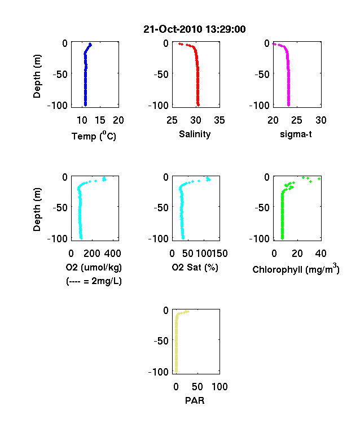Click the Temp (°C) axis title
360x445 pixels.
[94, 136]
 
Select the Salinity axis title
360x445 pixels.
[195, 134]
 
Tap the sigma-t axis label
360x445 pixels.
[296, 134]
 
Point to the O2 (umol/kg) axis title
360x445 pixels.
[94, 267]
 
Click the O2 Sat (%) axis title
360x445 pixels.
[195, 267]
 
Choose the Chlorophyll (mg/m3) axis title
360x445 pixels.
[296, 268]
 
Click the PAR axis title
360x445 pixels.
[195, 400]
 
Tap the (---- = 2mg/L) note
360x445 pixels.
[94, 281]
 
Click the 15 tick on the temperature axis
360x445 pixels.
[100, 120]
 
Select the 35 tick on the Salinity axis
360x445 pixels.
[219, 120]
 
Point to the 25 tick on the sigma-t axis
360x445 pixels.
[297, 120]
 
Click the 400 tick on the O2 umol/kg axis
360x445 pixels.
[112, 254]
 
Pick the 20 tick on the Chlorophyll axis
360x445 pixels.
[297, 254]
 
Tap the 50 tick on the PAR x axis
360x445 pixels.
[197, 386]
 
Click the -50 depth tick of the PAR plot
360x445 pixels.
[161, 341]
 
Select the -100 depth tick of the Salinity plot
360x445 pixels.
[159, 105]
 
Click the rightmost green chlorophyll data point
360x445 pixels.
[319, 178]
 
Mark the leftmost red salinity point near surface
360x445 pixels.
[179, 43]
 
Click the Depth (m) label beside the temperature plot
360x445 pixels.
[37, 76]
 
